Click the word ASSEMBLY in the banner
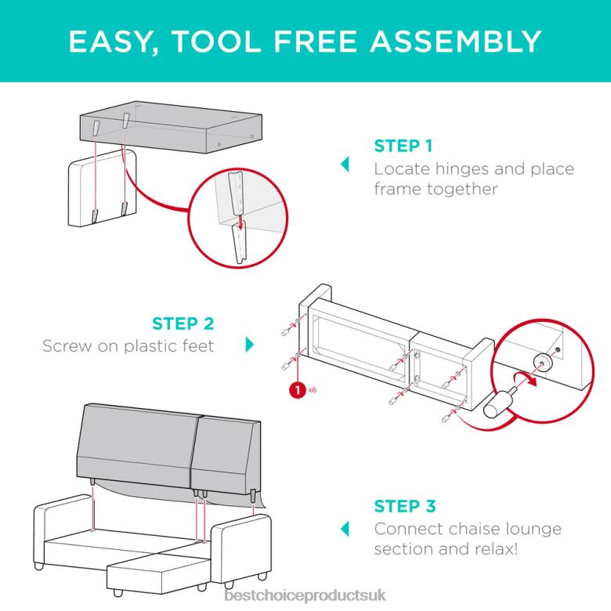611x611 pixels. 456,41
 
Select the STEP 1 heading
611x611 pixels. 403,146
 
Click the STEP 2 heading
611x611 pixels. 183,324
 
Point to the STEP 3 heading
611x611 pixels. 404,506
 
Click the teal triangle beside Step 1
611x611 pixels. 345,164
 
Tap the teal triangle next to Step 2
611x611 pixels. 250,345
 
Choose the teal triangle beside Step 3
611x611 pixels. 345,529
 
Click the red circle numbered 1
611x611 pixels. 298,390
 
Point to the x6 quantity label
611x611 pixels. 312,389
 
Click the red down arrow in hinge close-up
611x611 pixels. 240,221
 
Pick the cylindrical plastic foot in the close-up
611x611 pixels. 497,403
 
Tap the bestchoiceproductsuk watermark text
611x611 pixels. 305,595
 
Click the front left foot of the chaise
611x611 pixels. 117,593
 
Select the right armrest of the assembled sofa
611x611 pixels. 241,548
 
